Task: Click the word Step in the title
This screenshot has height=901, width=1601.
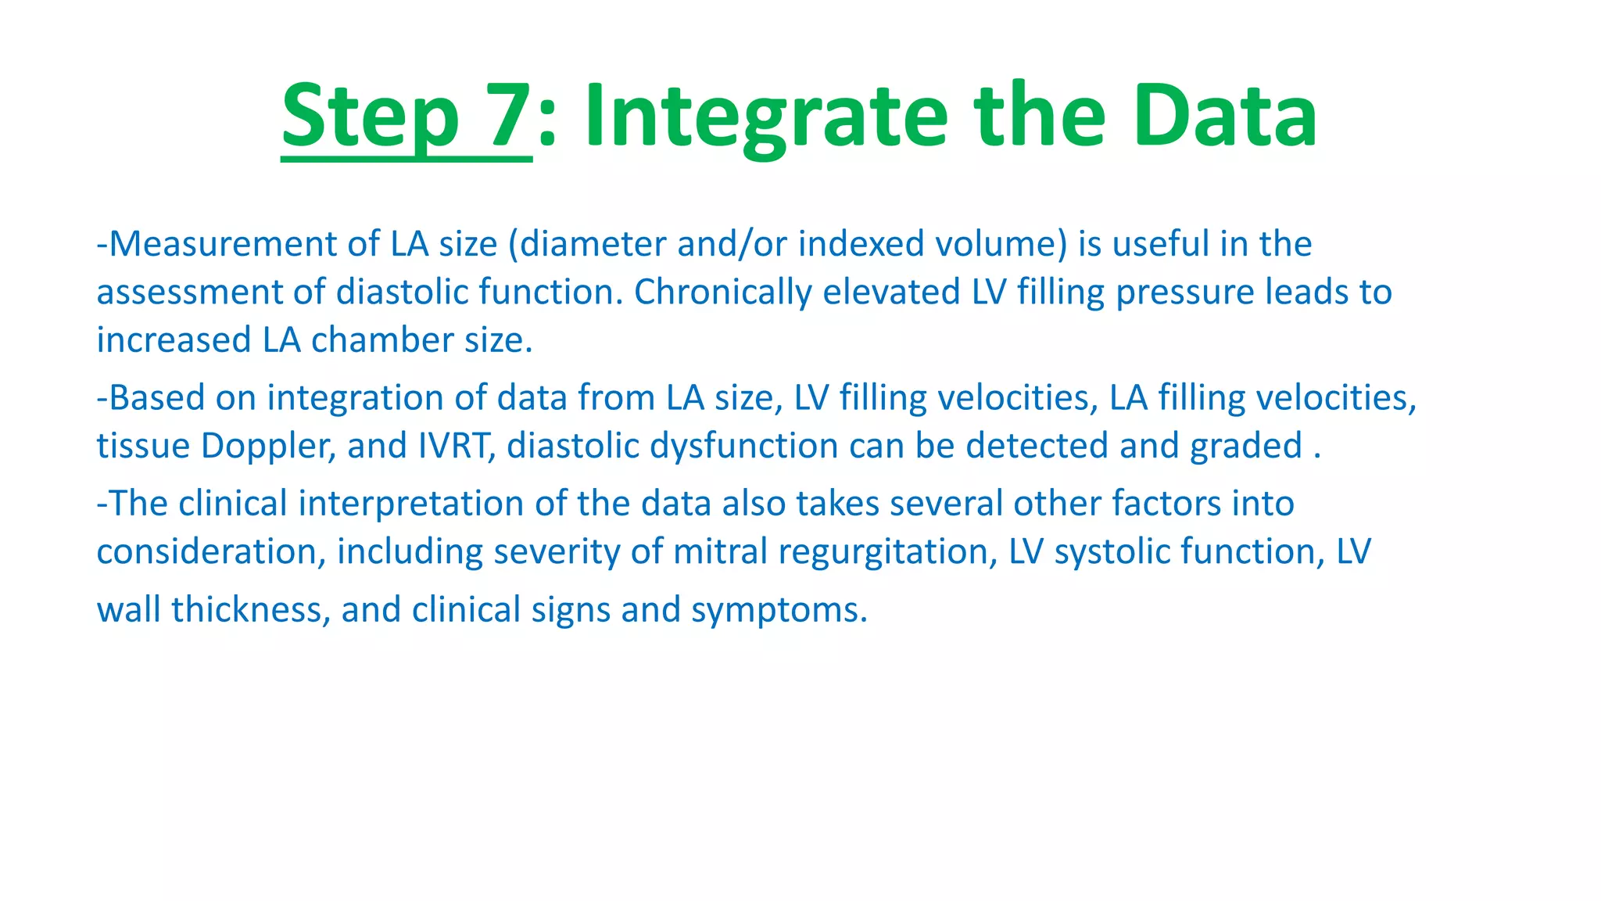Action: coord(369,117)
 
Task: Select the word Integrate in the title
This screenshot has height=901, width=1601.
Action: coord(766,117)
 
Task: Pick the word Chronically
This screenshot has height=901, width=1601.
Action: coord(723,293)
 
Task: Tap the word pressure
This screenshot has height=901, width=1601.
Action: coord(1185,293)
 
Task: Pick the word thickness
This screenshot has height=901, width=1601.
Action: coord(247,610)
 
